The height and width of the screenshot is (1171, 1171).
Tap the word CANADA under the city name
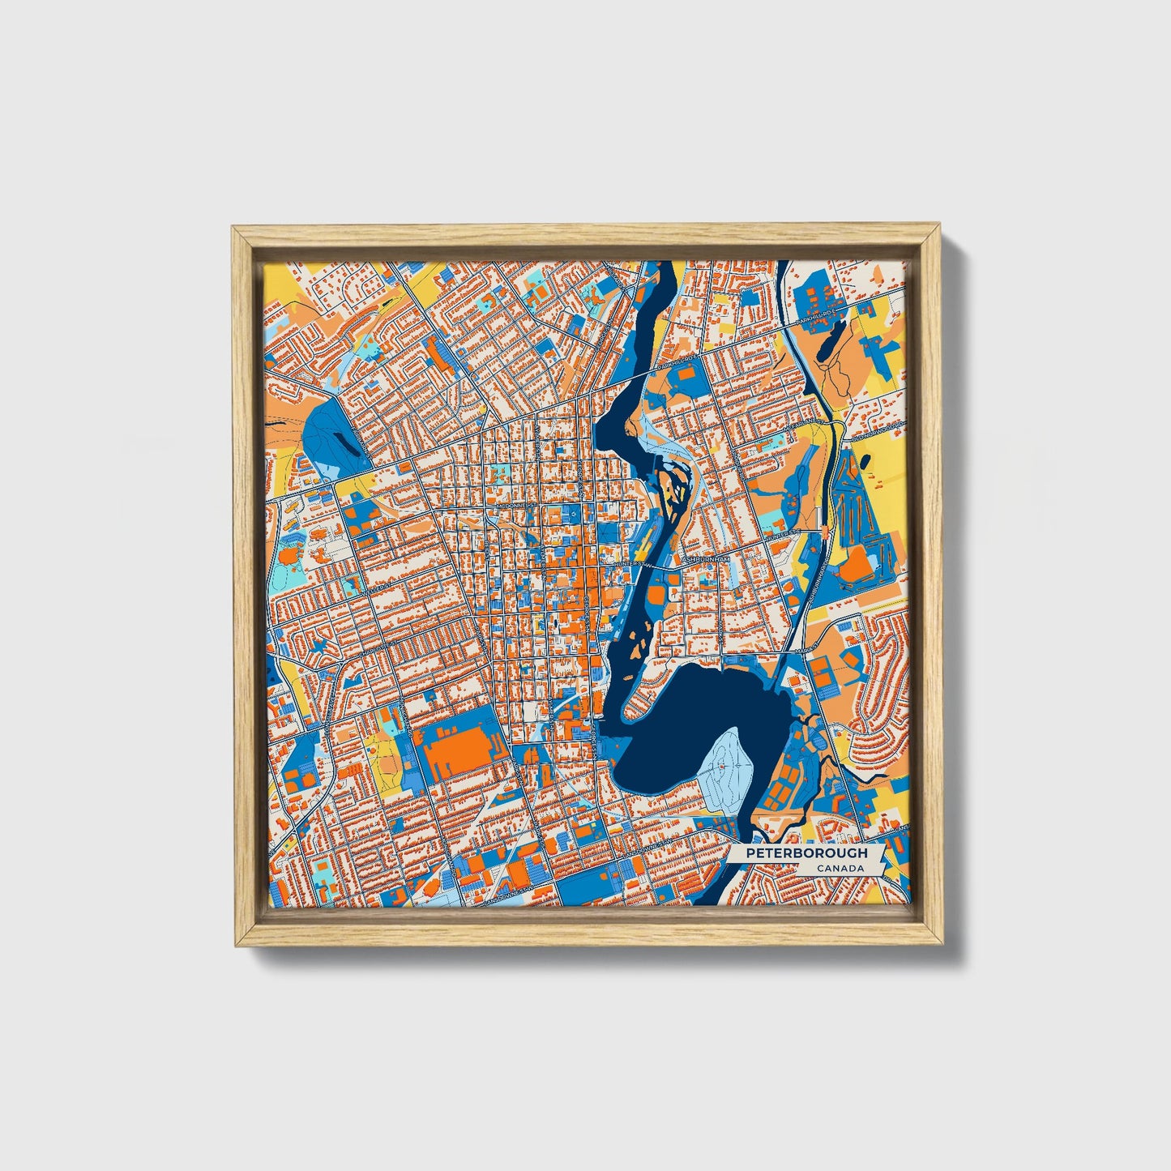coord(839,869)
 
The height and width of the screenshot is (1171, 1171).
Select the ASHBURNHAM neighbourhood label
coord(706,559)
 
